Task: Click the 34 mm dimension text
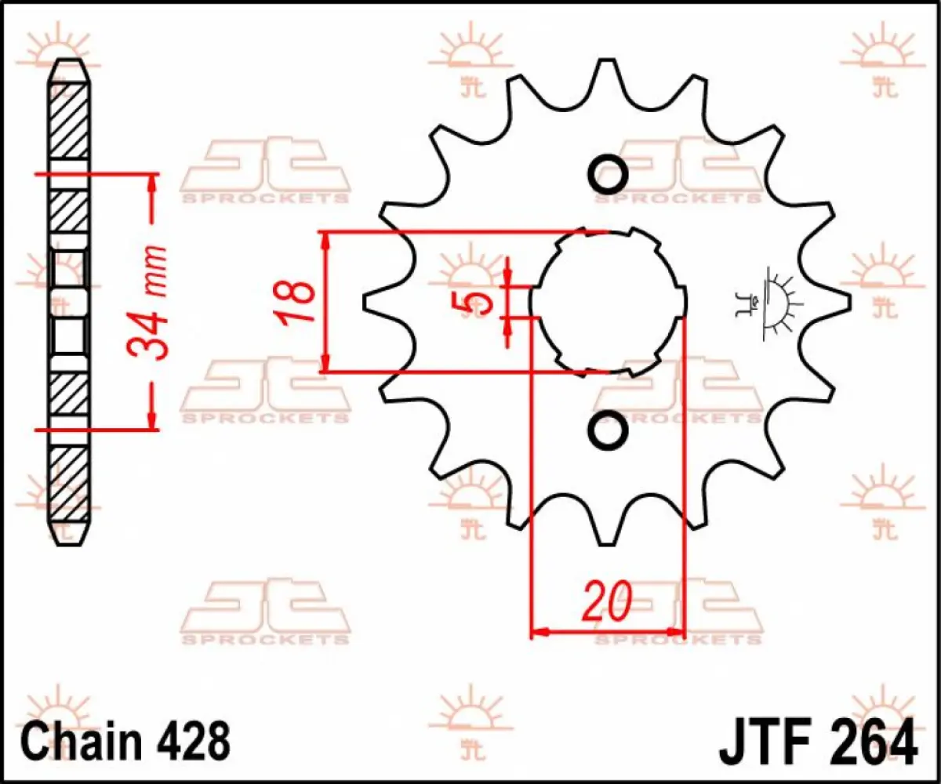tap(150, 302)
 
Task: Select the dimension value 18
tap(297, 302)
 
